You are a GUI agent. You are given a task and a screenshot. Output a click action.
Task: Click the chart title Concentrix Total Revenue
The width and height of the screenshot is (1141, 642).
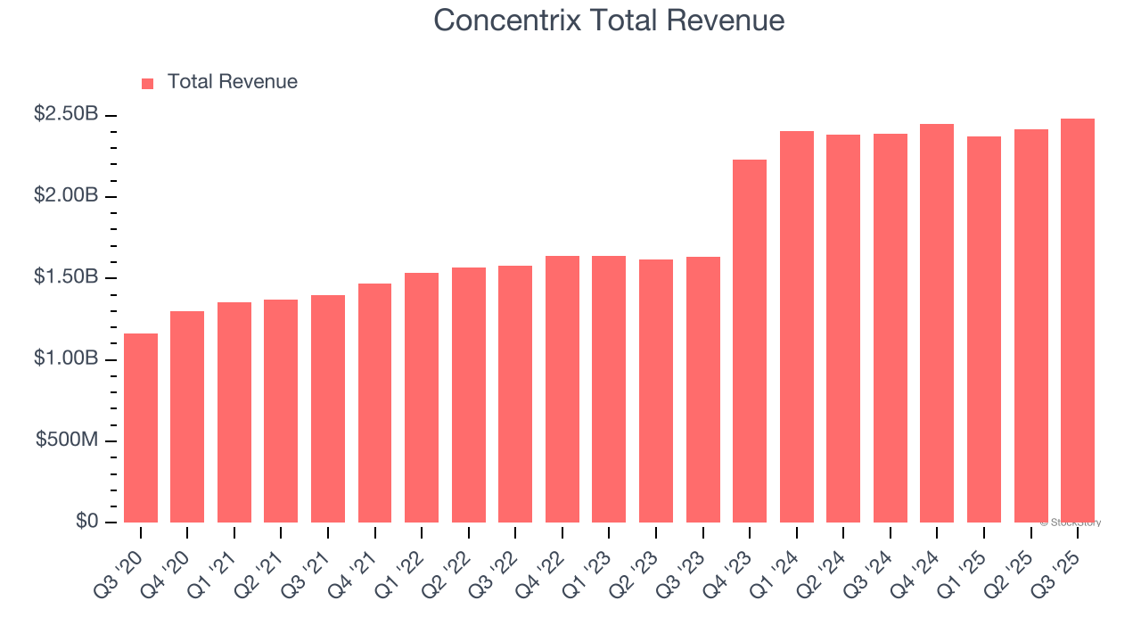609,21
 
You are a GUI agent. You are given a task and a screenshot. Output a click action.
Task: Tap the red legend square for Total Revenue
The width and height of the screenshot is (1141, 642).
148,84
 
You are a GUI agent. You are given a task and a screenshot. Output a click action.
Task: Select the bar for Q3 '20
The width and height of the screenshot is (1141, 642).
141,428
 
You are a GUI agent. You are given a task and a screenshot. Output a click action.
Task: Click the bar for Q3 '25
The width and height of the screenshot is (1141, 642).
1078,321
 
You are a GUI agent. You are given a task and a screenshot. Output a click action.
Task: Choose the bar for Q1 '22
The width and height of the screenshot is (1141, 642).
422,398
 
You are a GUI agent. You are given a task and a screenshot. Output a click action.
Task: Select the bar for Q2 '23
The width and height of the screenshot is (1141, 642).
656,391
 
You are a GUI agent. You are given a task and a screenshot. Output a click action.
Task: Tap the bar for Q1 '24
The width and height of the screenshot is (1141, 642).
797,327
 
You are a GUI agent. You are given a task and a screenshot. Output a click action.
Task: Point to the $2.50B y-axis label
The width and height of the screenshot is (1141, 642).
67,114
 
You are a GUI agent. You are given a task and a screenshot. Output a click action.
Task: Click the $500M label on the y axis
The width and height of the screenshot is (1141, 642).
67,440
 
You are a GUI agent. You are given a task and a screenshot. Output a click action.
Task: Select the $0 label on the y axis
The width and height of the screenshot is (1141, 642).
87,522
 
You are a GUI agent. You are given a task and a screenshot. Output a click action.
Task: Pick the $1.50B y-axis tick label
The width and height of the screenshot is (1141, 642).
67,277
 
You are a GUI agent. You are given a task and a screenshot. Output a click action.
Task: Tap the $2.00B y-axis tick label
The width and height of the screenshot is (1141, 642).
67,195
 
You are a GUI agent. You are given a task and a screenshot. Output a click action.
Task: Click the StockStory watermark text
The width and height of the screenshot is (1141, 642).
1071,523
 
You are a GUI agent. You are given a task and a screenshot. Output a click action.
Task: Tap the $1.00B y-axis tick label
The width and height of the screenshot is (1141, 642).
67,358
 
